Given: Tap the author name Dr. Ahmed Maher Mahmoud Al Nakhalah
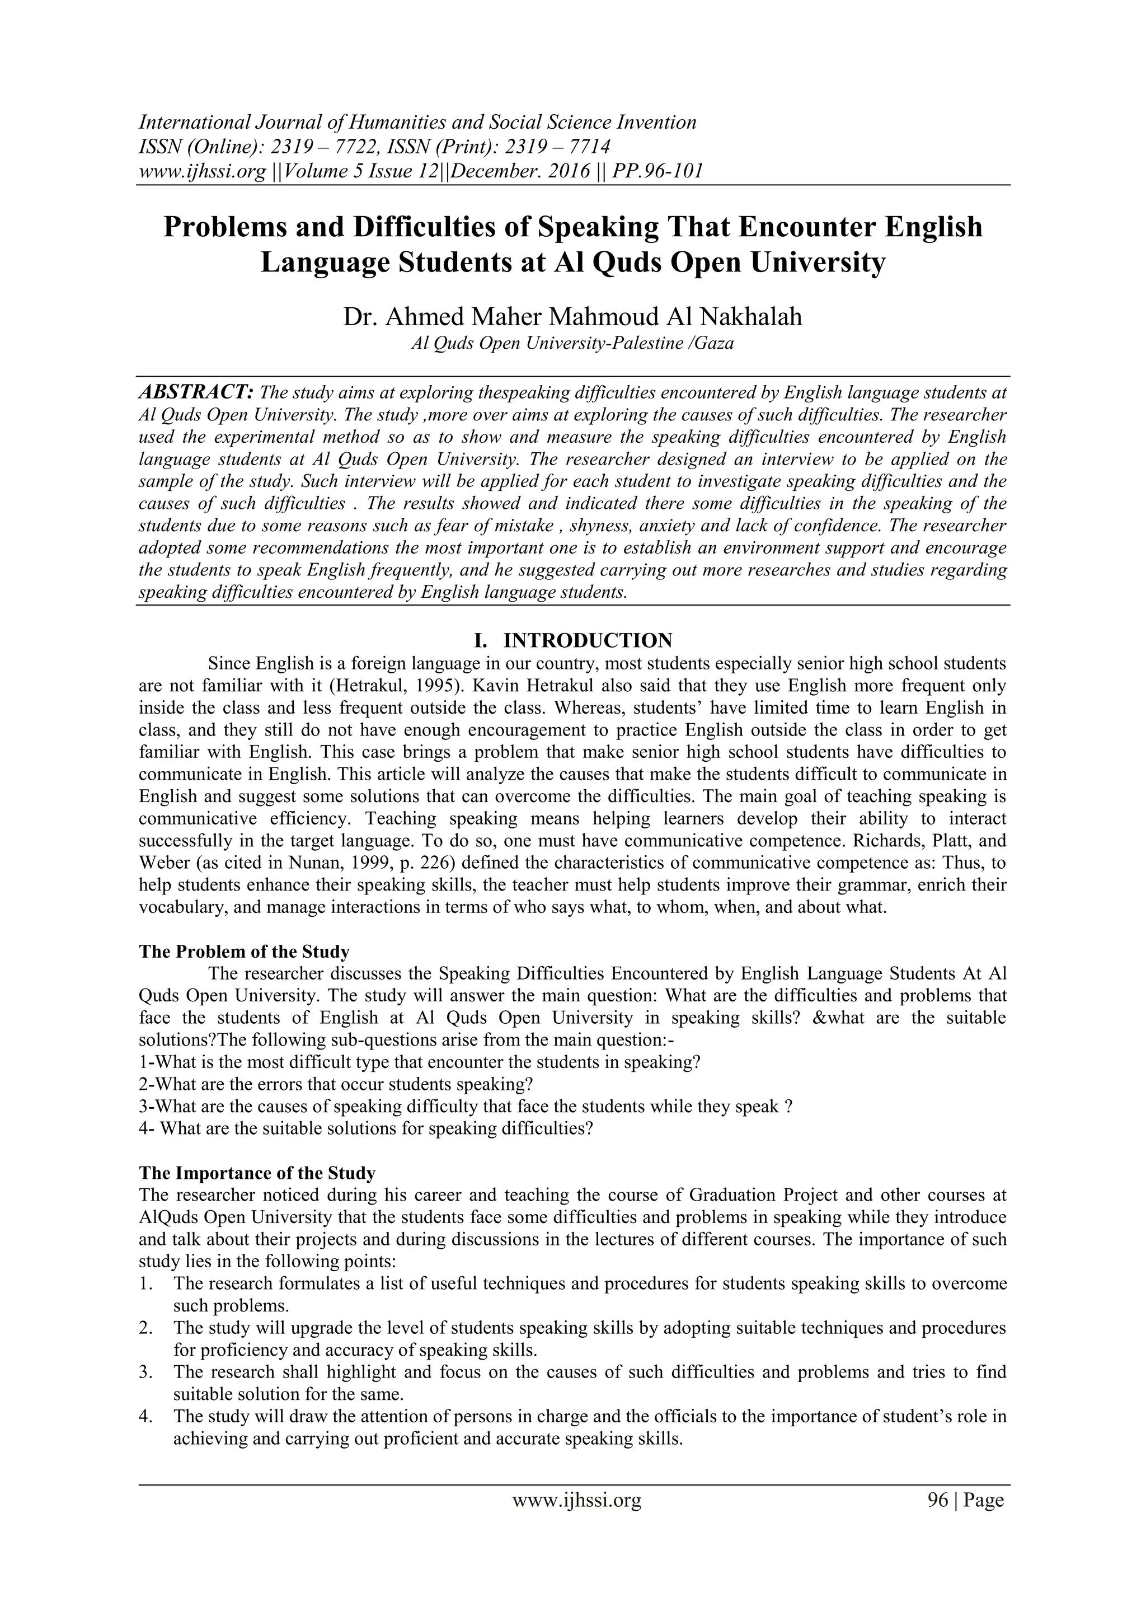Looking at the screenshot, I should tap(572, 316).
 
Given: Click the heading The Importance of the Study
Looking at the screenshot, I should tap(257, 1173).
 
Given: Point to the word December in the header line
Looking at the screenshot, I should tap(489, 171).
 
